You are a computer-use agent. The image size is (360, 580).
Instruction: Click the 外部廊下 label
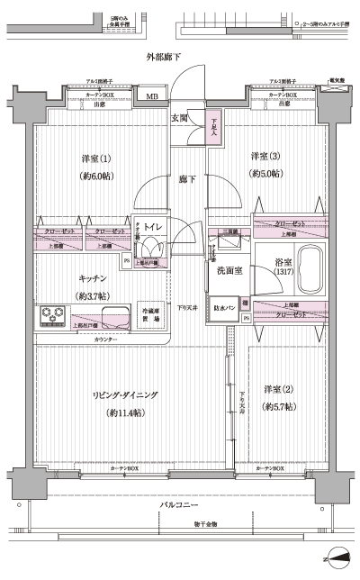coord(164,58)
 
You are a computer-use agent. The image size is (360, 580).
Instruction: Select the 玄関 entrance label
coord(178,118)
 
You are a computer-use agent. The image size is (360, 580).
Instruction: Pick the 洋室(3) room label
coord(265,156)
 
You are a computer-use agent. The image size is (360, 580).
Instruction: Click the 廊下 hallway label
coord(185,178)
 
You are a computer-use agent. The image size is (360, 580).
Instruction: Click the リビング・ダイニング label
coord(125,394)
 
